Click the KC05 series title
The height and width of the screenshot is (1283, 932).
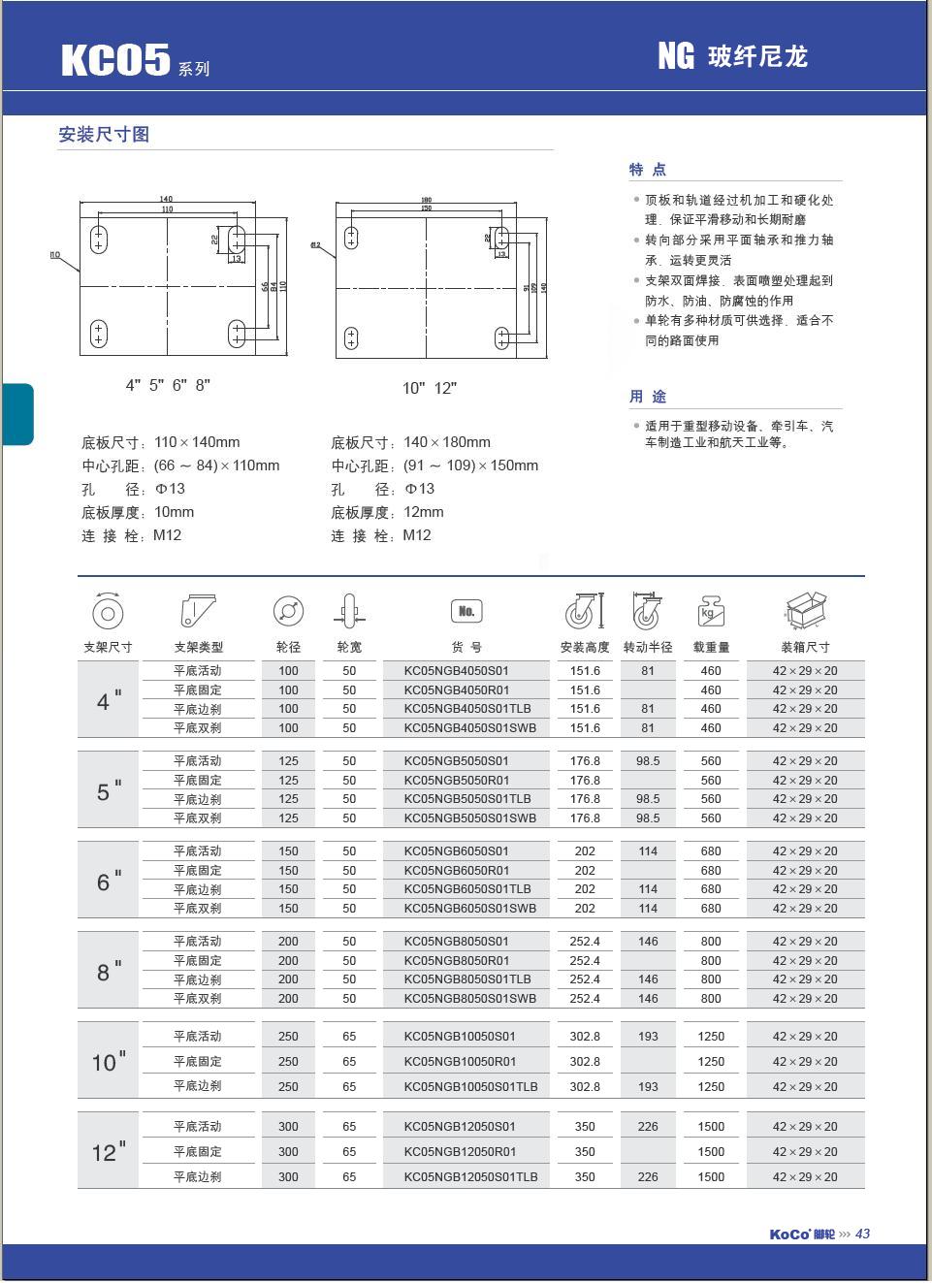(x=116, y=60)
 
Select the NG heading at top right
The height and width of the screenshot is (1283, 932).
(x=677, y=56)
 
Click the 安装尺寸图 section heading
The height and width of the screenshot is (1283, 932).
(x=104, y=135)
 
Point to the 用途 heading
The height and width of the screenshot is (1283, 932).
(x=648, y=397)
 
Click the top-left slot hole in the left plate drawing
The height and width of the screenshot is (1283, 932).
(x=98, y=239)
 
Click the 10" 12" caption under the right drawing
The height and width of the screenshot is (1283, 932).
(x=430, y=388)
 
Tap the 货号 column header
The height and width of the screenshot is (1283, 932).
(x=466, y=647)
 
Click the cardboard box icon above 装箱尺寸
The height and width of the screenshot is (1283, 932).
(x=805, y=610)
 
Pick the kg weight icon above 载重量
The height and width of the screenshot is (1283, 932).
(x=711, y=612)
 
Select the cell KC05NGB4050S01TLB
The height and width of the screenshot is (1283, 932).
(x=467, y=709)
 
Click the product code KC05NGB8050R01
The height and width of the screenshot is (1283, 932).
(x=457, y=960)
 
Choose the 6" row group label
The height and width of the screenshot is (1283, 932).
(x=109, y=881)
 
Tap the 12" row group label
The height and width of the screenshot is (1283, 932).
(x=109, y=1152)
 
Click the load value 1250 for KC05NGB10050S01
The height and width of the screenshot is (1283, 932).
(x=711, y=1037)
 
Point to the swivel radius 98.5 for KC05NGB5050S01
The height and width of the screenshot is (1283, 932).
(x=648, y=761)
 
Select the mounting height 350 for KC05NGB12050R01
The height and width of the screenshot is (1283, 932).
(x=585, y=1152)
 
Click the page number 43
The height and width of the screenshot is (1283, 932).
(x=863, y=1234)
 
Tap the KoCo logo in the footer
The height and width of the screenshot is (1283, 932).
(x=789, y=1235)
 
